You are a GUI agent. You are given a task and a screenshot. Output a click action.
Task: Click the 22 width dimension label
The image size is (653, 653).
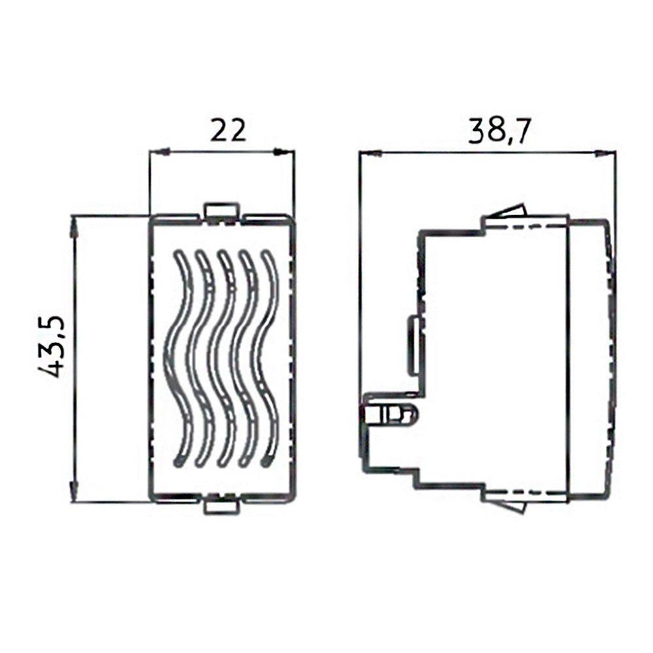pos(228,131)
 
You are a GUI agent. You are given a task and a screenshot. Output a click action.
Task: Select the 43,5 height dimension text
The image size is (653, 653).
pos(51,347)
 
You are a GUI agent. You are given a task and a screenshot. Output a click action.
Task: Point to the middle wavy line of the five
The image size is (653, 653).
pos(222,358)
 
